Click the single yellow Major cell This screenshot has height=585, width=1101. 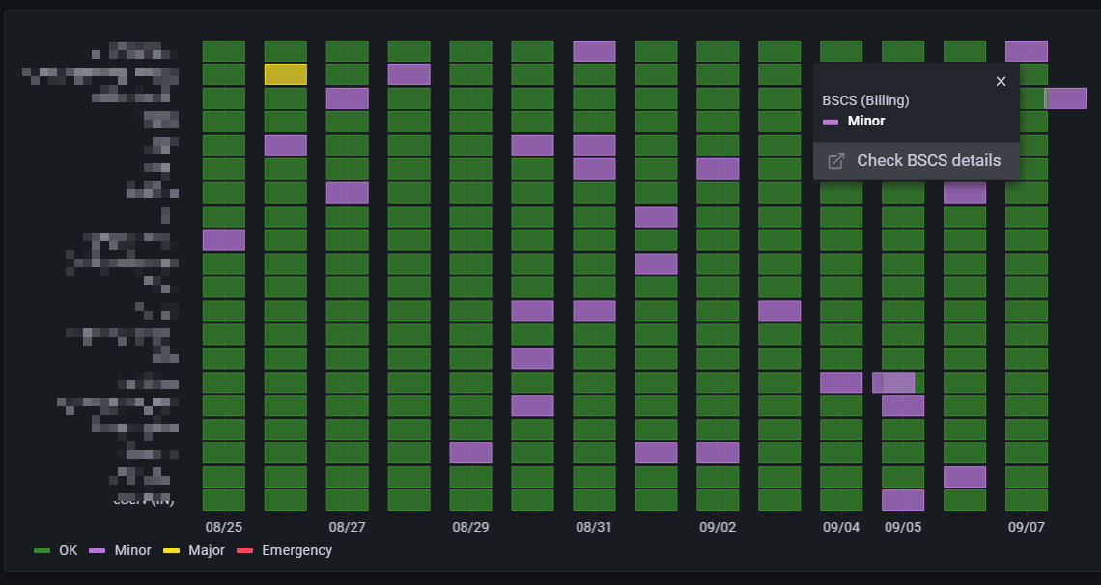click(x=286, y=74)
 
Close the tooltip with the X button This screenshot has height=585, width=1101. click(x=1001, y=82)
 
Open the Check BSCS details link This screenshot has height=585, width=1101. click(x=928, y=161)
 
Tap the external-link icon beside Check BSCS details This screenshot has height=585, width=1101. click(x=837, y=161)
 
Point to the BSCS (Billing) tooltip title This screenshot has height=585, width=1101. click(x=865, y=100)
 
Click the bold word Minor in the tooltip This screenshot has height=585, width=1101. click(x=865, y=121)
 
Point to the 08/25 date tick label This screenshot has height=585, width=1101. click(x=223, y=528)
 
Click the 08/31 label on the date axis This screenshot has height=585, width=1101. click(x=594, y=528)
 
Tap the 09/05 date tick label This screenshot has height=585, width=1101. click(x=903, y=528)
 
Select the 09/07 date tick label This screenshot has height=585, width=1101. click(x=1027, y=528)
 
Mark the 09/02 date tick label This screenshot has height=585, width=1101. click(x=718, y=528)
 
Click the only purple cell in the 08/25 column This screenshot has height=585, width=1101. click(x=224, y=239)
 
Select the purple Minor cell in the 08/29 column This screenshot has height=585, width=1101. click(x=471, y=453)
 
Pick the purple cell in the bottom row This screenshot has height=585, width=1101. click(x=903, y=500)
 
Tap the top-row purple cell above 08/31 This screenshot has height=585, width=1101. click(x=594, y=51)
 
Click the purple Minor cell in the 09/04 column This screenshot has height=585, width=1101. click(x=841, y=382)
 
